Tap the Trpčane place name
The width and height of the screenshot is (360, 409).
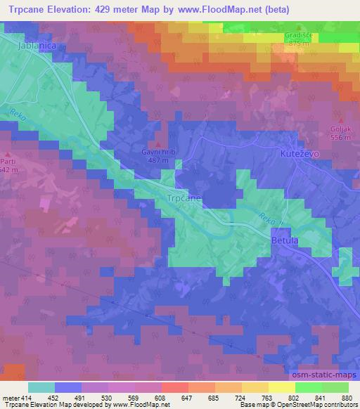(184, 199)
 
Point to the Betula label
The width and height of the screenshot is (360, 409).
(285, 241)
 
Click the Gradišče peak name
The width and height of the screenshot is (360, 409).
(298, 34)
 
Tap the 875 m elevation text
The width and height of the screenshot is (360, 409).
(298, 43)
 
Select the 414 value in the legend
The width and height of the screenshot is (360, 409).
(27, 397)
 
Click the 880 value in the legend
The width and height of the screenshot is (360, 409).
(347, 397)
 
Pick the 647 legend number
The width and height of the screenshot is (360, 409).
(187, 397)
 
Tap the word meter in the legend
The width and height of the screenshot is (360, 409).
(10, 397)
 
